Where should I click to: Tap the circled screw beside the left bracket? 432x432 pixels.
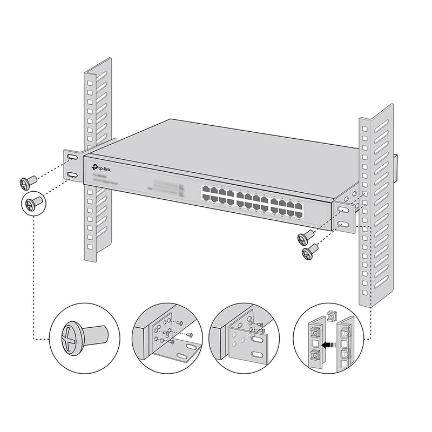(33, 204)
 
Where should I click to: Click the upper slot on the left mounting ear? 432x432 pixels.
(72, 157)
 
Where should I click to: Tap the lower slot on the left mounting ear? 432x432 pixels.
(72, 175)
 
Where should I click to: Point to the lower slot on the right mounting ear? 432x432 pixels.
(342, 224)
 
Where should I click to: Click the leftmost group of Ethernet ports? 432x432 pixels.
(217, 195)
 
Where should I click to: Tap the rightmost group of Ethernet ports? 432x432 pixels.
(287, 206)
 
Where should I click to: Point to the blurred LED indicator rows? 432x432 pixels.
(166, 186)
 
